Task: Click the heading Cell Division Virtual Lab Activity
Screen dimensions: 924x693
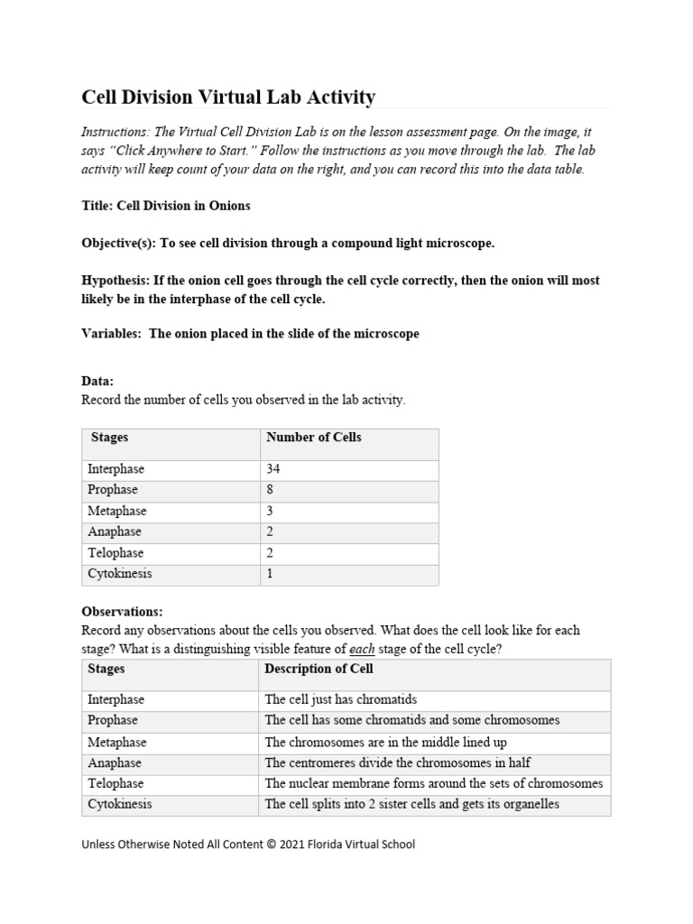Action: point(228,97)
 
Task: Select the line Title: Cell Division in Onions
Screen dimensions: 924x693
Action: point(166,206)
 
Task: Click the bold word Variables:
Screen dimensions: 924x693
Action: point(112,334)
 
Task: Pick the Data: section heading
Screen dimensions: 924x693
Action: point(97,382)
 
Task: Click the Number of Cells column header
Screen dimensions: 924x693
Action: point(313,438)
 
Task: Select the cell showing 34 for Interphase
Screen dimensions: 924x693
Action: point(274,469)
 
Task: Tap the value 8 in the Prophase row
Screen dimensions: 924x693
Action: point(270,490)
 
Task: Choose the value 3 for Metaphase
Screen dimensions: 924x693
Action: point(270,511)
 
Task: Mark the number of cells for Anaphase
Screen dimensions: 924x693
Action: point(270,531)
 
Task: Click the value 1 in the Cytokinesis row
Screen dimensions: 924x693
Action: point(270,574)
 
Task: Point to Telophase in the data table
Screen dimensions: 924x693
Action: point(115,553)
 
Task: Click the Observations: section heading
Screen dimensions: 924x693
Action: point(122,612)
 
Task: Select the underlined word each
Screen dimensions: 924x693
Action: point(363,649)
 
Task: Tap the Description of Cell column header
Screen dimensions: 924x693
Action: point(319,670)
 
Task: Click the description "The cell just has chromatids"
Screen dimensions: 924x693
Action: point(341,700)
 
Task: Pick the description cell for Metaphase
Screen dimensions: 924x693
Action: point(385,742)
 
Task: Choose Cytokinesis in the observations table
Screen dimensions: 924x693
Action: point(120,804)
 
